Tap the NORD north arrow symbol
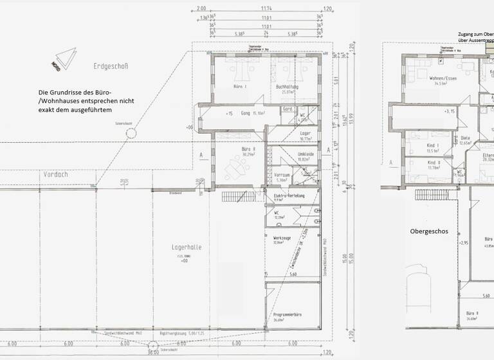click(x=62, y=59)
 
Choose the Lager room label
click(x=306, y=133)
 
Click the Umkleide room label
click(x=306, y=154)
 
